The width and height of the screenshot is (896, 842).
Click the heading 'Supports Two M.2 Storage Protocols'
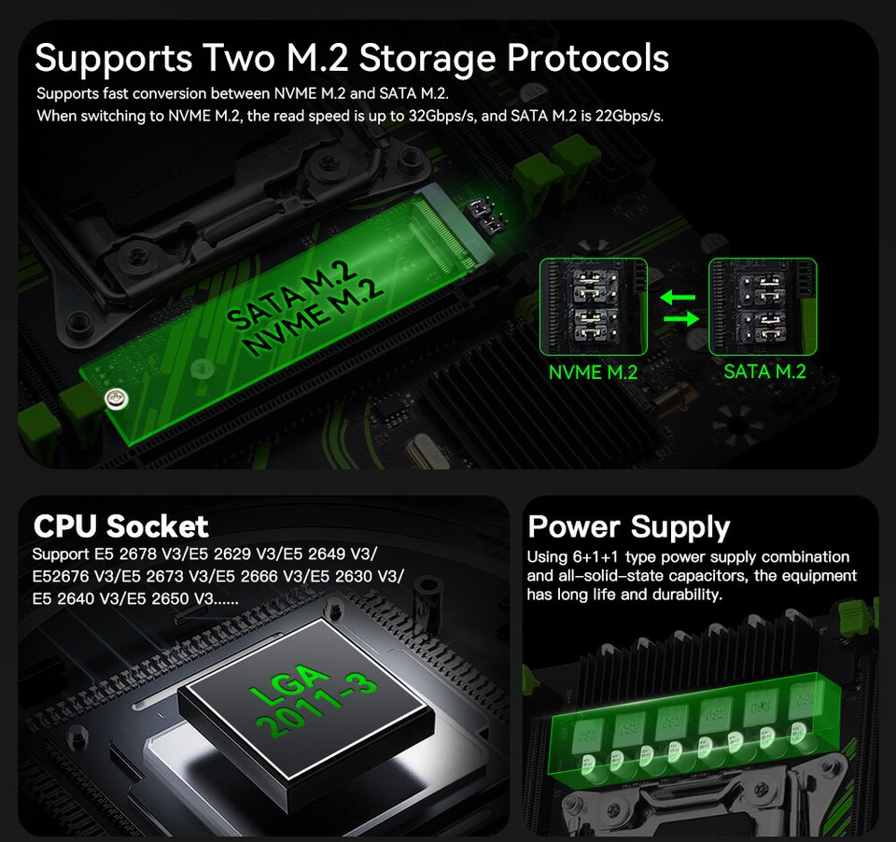(x=352, y=58)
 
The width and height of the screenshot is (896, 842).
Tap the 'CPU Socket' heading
(x=121, y=526)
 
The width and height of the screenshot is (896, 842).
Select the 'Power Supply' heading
(x=629, y=527)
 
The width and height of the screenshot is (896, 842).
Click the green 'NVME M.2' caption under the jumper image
(x=593, y=372)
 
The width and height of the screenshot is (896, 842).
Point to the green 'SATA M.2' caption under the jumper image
(x=764, y=372)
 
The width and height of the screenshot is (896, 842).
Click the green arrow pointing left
(x=678, y=297)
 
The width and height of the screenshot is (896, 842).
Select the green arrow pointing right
(x=681, y=317)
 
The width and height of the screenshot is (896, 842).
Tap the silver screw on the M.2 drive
(x=116, y=399)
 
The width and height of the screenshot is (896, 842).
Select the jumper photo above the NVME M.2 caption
(x=594, y=306)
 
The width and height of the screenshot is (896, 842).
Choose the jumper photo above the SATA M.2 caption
(x=763, y=306)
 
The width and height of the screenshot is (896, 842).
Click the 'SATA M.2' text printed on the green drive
(x=291, y=296)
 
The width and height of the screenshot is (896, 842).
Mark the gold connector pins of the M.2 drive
(x=443, y=235)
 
